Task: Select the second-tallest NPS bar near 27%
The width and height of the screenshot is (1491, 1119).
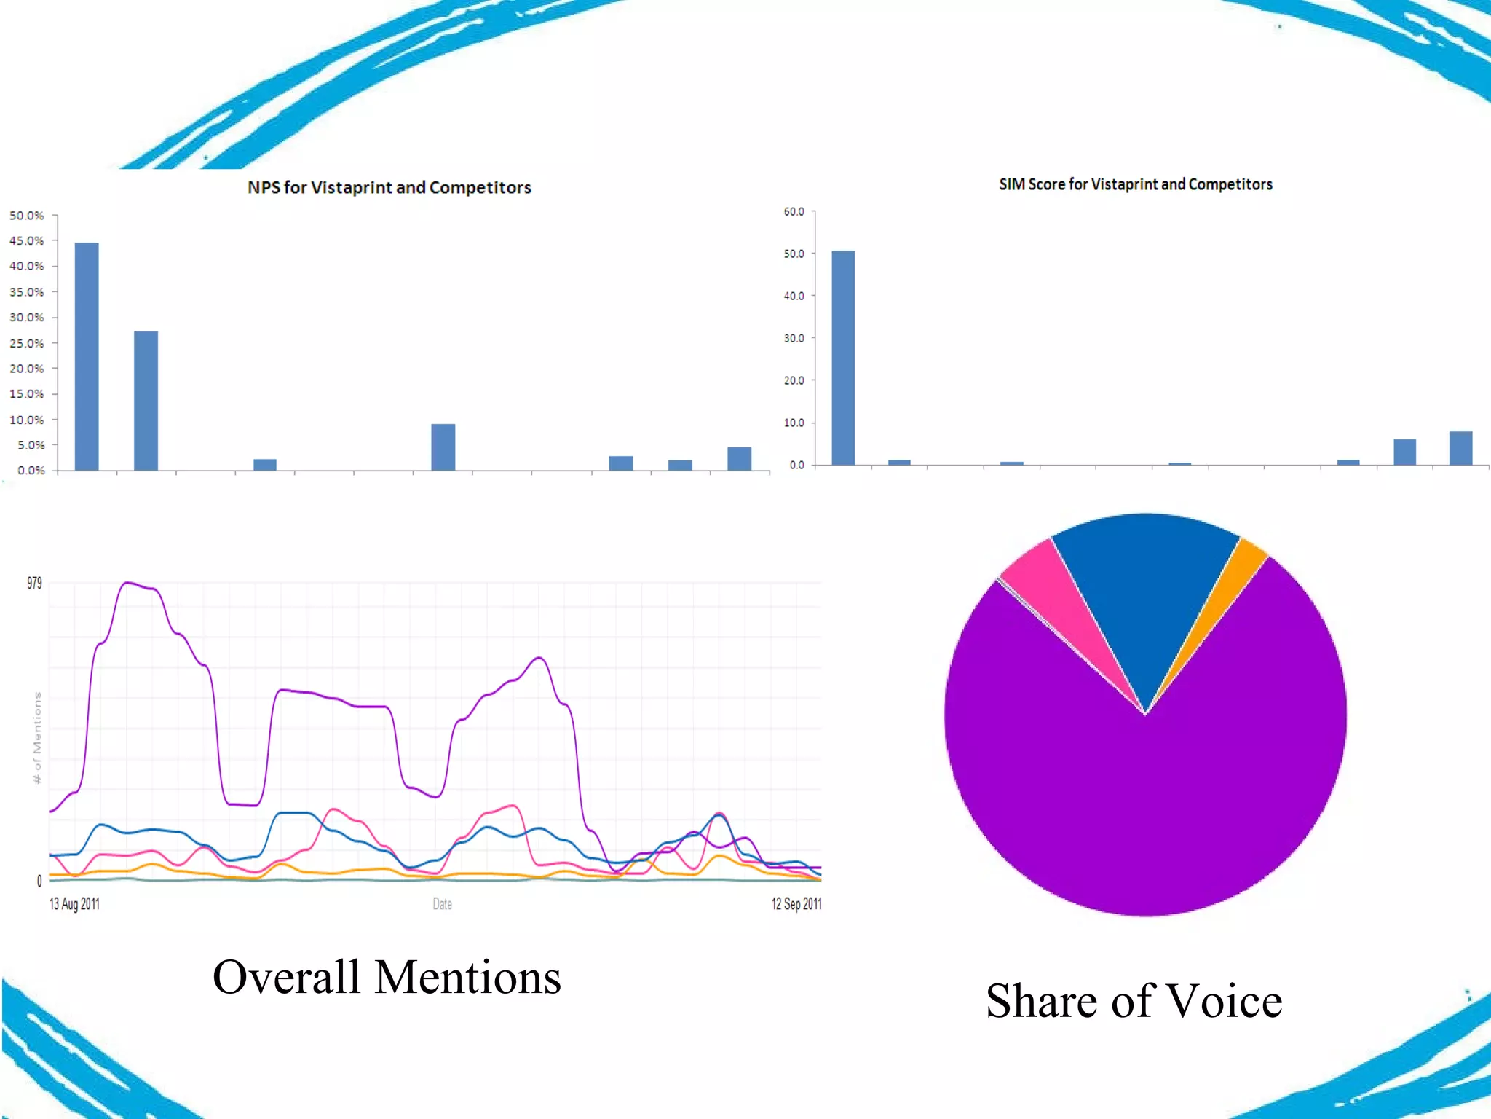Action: [146, 400]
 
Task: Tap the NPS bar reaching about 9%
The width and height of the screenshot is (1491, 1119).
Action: [443, 447]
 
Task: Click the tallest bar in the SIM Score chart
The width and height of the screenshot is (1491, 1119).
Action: [843, 357]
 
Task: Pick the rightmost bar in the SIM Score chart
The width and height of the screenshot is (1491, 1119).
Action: [1460, 447]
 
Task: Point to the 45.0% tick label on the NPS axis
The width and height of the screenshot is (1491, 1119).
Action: [27, 240]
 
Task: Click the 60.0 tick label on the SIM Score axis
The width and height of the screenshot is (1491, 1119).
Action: [794, 211]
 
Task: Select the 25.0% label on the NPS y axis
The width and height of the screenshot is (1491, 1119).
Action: [27, 342]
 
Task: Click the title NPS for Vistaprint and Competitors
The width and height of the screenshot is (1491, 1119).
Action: [389, 187]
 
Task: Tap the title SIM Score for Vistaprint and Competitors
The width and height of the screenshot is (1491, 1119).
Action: [1135, 184]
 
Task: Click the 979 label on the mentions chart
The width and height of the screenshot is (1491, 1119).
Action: [34, 583]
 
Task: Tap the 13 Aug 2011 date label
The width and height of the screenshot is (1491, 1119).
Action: [74, 904]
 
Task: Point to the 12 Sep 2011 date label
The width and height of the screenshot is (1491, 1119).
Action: [796, 904]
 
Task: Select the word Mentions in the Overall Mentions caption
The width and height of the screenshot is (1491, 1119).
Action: [468, 977]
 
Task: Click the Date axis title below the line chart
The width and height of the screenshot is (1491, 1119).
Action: [442, 904]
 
